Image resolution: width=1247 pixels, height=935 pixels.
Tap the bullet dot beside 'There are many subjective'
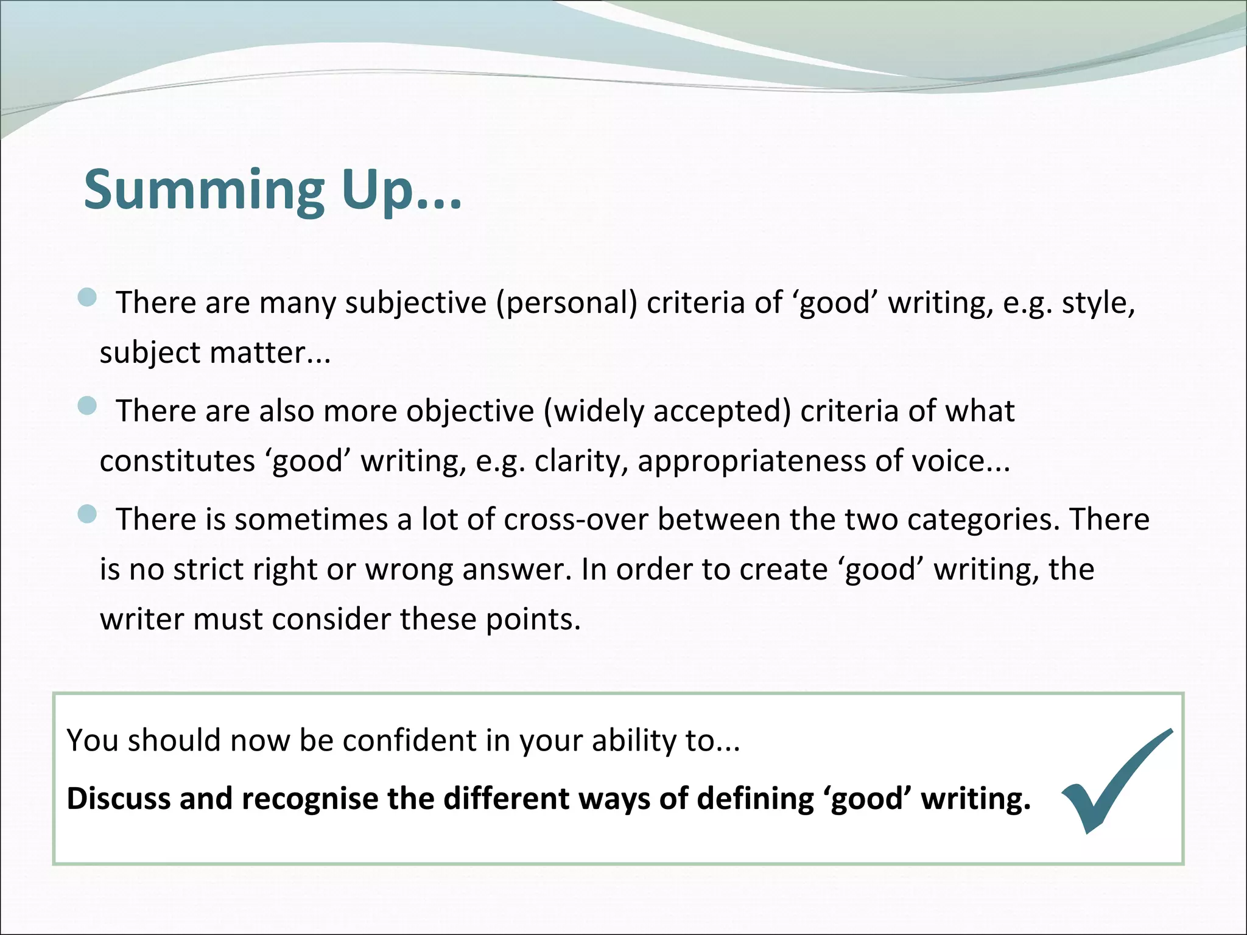[88, 298]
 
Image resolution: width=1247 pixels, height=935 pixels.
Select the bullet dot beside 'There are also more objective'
[88, 406]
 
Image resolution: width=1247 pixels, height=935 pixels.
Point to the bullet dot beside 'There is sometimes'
[88, 514]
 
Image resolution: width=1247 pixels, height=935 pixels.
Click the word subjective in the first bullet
[416, 303]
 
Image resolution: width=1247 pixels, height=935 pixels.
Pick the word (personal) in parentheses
[566, 303]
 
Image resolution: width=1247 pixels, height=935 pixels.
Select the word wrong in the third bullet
[409, 569]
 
